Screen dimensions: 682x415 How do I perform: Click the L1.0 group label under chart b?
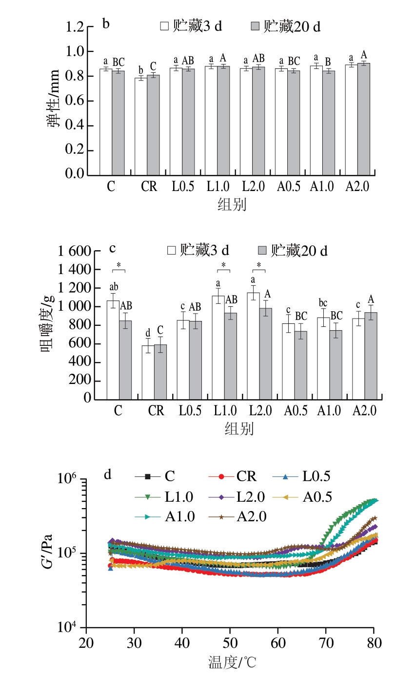coord(217,187)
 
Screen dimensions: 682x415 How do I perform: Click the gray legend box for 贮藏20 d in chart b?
coord(256,26)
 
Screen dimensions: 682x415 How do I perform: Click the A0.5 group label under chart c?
coord(294,411)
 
